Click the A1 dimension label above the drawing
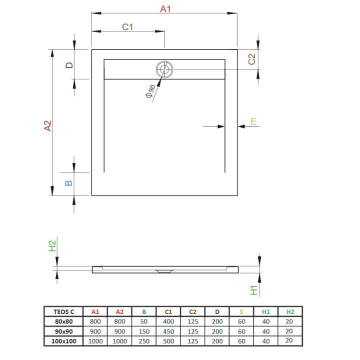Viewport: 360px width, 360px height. [165, 8]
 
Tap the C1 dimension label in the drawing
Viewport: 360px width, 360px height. [128, 27]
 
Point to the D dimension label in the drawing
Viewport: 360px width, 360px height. [69, 65]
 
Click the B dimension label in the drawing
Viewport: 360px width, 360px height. [69, 182]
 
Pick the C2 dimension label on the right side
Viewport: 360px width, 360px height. [252, 59]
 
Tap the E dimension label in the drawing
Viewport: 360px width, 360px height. [253, 121]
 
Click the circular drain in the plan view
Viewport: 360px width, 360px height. [164, 70]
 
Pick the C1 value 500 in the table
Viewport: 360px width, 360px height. [168, 340]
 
